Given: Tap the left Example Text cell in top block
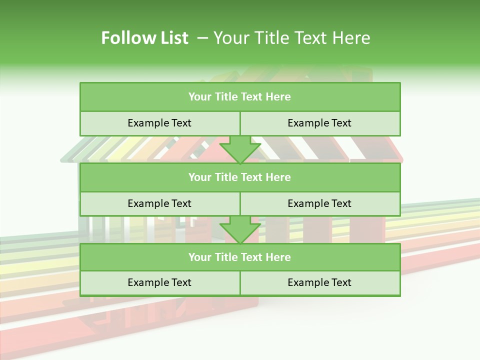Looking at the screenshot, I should tap(159, 123).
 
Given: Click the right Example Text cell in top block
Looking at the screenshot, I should tap(319, 123).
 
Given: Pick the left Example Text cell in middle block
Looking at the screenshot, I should tap(159, 203).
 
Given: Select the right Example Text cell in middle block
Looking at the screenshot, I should tap(319, 203).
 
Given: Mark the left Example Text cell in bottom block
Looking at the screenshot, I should tap(159, 283).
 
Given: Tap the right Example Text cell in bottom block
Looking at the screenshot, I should tap(319, 283).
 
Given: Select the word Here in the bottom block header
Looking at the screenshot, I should tap(278, 257).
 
